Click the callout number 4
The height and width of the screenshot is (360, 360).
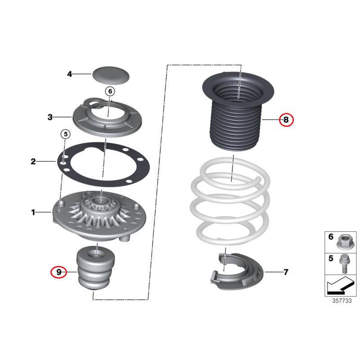tap(69, 74)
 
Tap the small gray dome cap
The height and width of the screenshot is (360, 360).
tap(111, 74)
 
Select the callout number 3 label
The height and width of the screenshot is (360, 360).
tap(50, 117)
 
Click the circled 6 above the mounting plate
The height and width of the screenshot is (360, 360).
tap(109, 91)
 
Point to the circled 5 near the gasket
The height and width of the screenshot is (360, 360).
tap(65, 134)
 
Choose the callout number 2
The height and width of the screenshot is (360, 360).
tap(33, 161)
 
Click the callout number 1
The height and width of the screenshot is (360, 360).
tap(33, 212)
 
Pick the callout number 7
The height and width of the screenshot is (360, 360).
tap(286, 272)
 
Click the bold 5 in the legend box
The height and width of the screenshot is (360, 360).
tap(331, 259)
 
